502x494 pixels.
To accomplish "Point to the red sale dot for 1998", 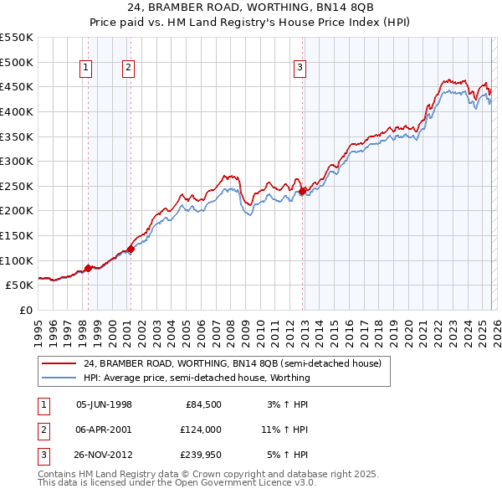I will tap(88, 268).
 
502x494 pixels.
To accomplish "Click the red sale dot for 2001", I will tap(130, 249).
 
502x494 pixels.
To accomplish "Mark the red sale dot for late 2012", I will tap(302, 191).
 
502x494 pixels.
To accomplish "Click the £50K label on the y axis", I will tap(20, 285).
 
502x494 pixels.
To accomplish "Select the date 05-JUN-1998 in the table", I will tap(104, 404).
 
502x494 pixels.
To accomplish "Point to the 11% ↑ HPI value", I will tap(284, 430).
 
